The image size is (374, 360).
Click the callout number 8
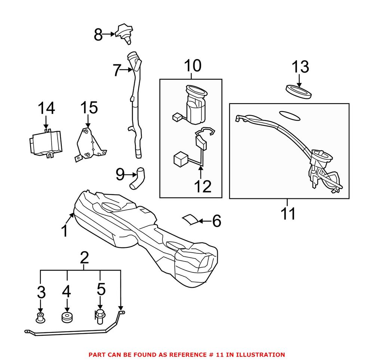click(x=98, y=35)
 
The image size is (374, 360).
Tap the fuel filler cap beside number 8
click(x=124, y=34)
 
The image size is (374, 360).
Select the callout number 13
click(x=301, y=67)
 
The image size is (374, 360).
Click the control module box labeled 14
click(x=45, y=143)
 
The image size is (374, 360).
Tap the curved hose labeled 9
click(x=137, y=178)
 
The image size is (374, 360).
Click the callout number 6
click(x=217, y=221)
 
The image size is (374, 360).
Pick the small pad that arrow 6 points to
click(x=190, y=219)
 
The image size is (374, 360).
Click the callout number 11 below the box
click(x=288, y=213)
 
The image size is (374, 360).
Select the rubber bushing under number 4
click(x=67, y=317)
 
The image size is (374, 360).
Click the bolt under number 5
click(x=100, y=317)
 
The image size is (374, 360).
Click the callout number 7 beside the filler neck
click(x=116, y=70)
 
